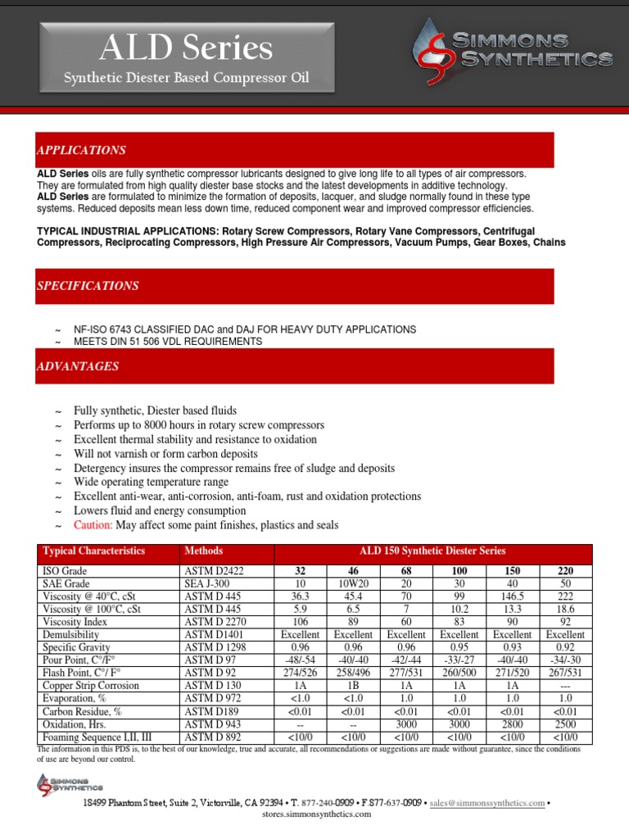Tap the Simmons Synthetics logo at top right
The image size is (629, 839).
(513, 48)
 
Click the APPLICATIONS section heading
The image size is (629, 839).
(81, 151)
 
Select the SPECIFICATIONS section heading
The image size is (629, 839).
(88, 286)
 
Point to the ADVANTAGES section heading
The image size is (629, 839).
(78, 366)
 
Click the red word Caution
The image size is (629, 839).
(93, 525)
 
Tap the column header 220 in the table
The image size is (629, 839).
(565, 569)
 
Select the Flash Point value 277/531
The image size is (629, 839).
(406, 673)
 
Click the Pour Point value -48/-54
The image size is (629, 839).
(300, 660)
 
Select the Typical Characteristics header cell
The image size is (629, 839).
(93, 551)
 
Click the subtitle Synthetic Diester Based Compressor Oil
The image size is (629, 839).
(188, 79)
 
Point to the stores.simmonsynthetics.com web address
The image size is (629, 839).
(316, 816)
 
